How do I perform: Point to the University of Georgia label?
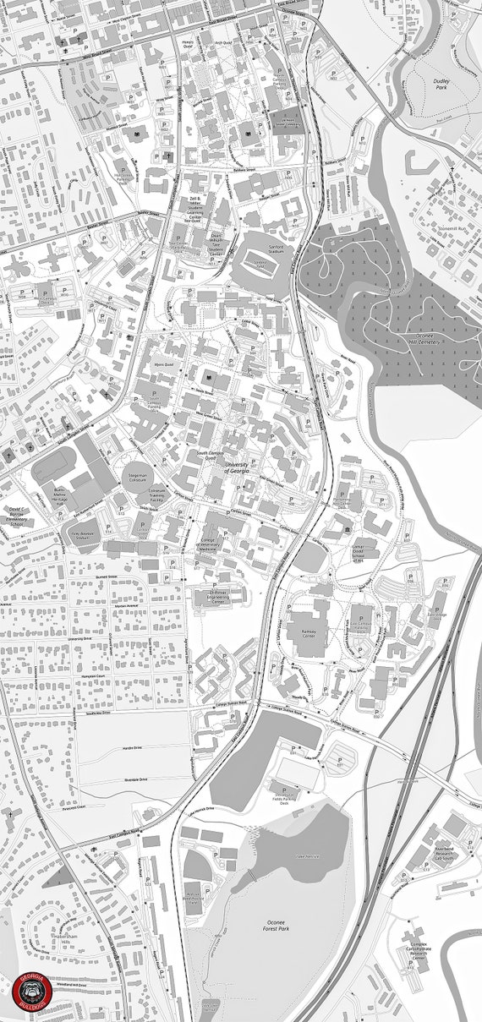coord(242,467)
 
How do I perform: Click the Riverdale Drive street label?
coord(136,779)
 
